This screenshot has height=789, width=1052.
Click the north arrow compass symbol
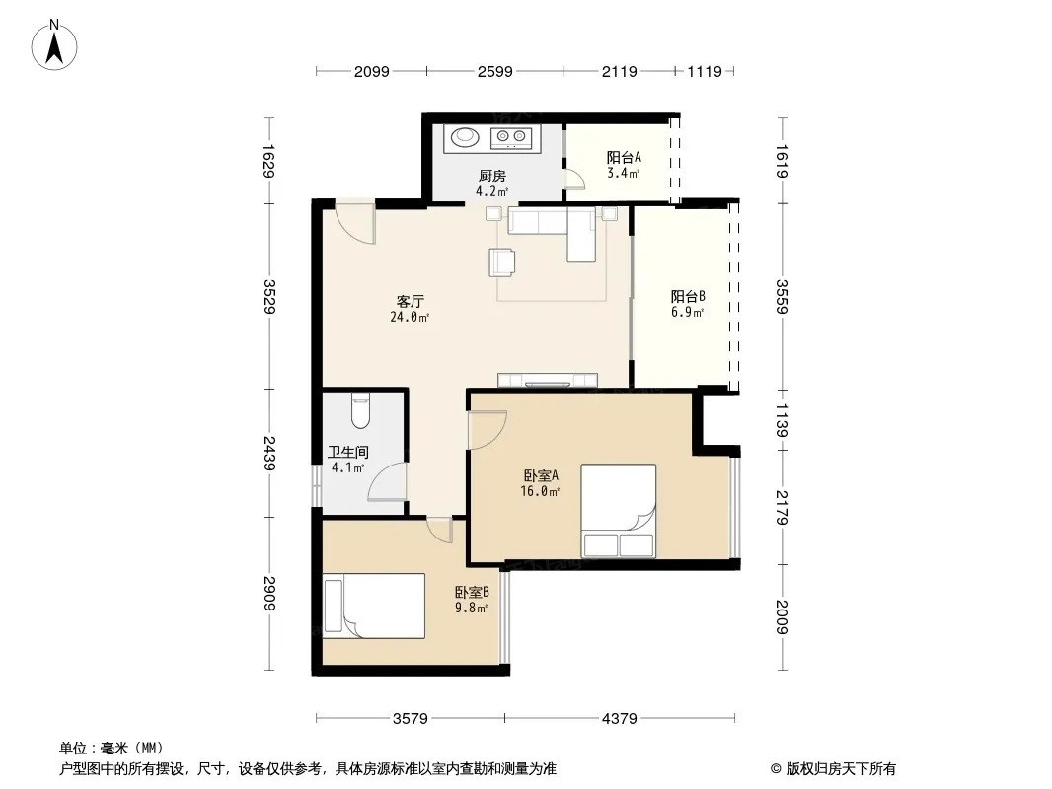(x=54, y=45)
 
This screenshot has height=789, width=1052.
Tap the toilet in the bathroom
(x=360, y=409)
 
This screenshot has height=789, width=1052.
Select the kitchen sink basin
(x=464, y=137)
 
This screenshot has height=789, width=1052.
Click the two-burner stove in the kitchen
(x=511, y=138)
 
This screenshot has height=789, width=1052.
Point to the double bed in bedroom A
(x=619, y=511)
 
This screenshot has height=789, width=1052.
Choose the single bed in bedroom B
(x=374, y=606)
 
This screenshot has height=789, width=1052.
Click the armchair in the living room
(x=502, y=262)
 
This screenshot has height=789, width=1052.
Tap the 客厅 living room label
(x=410, y=301)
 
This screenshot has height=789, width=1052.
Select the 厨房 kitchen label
(x=491, y=177)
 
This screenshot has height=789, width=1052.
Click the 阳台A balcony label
(x=624, y=158)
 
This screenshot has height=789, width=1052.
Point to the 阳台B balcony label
(x=688, y=296)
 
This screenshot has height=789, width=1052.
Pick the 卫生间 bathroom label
(x=347, y=453)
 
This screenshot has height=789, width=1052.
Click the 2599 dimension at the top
(x=495, y=71)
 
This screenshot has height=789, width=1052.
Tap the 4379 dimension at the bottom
(x=619, y=719)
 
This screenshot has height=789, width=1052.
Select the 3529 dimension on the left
(x=269, y=296)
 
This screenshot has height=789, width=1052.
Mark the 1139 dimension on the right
(x=782, y=419)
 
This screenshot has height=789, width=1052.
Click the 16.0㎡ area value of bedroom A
(x=540, y=491)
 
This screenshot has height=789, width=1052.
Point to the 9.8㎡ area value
(x=471, y=608)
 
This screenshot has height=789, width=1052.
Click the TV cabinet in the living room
(x=548, y=380)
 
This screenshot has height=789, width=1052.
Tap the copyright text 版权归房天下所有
(x=841, y=769)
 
